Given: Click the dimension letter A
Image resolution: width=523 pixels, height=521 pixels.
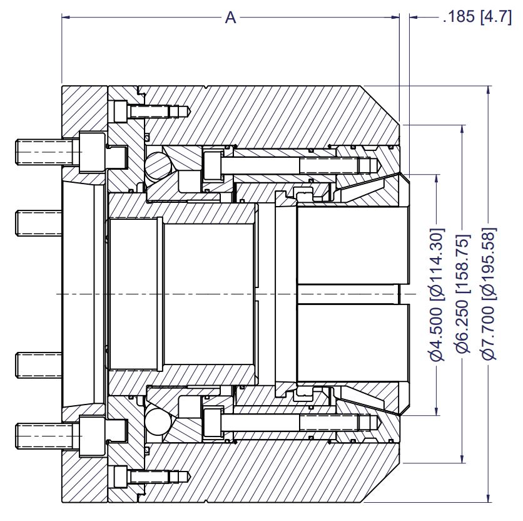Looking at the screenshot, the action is coord(230,18).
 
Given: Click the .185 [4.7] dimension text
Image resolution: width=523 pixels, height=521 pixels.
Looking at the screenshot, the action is coord(477,16).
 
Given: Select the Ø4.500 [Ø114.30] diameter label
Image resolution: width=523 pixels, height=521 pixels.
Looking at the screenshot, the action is coord(437,294).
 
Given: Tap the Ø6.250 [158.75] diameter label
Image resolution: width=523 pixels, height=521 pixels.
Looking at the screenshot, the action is coord(462,294).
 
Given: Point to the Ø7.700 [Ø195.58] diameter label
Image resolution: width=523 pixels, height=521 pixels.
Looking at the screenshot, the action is coord(489,294).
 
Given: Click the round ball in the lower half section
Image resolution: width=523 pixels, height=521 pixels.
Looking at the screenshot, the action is coord(158,422).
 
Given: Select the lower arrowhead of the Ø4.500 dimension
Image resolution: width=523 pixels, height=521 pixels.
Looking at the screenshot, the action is coord(437,410).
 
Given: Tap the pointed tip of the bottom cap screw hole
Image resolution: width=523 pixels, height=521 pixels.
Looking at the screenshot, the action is coord(190,476).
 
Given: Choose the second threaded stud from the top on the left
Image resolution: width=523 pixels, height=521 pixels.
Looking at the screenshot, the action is coord(39,223).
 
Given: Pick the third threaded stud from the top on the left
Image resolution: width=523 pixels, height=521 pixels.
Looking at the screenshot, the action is coord(39,365).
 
